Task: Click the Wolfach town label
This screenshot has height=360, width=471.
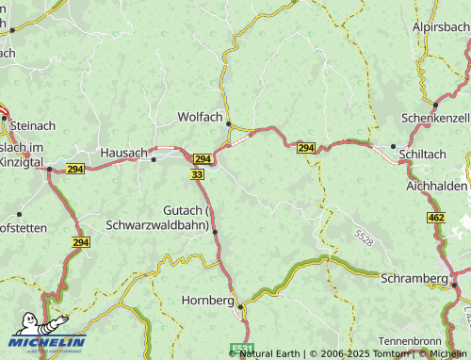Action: point(200,118)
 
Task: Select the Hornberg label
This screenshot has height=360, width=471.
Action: point(206,301)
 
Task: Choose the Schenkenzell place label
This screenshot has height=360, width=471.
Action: point(434,117)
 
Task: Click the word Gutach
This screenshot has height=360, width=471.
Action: point(183,209)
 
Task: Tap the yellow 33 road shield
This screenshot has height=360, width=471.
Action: point(197,175)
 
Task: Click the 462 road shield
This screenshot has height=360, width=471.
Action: point(435,218)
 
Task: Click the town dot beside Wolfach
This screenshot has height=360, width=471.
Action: point(228,123)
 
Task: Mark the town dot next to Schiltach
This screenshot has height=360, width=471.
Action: point(393,146)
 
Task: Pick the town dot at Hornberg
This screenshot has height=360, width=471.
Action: point(240,306)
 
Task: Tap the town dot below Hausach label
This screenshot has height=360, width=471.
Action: point(154,160)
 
